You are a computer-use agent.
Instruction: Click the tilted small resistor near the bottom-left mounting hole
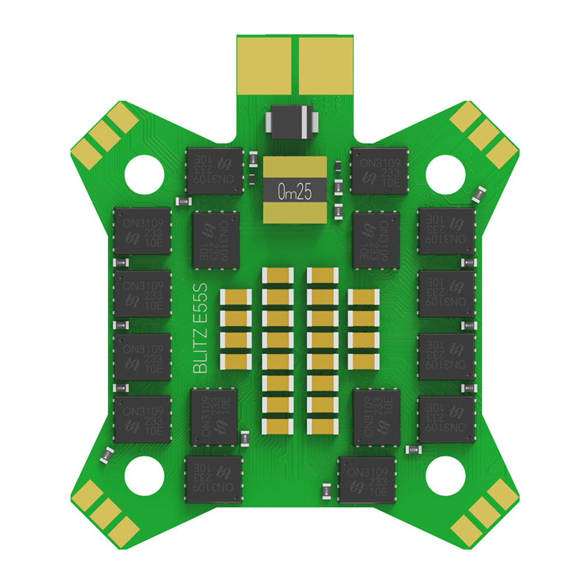(x=107, y=456)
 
